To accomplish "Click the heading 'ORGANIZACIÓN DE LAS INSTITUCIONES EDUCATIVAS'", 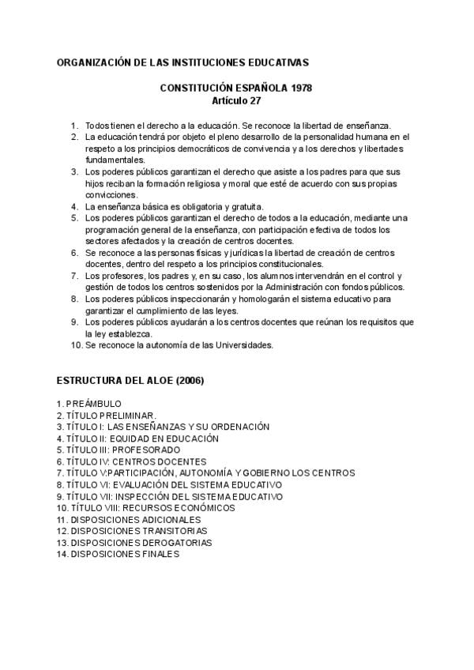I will tap(182, 61).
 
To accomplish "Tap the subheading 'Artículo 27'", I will tap(236, 102).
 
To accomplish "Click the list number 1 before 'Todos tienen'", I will tap(74, 126).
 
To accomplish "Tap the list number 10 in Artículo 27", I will tap(76, 344).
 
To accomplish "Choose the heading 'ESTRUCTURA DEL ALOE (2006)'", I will tap(130, 380).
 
